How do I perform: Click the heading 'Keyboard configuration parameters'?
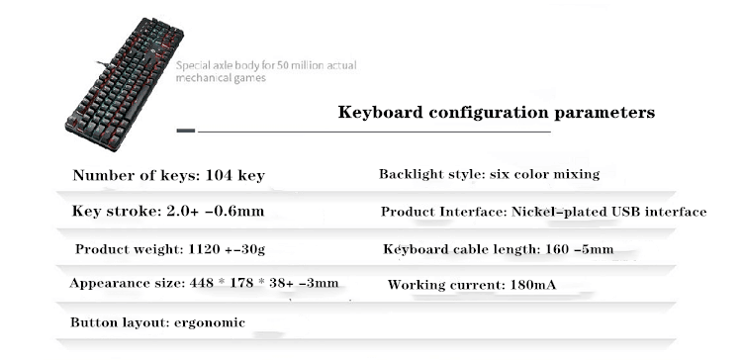click(x=496, y=113)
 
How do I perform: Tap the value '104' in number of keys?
click(x=219, y=176)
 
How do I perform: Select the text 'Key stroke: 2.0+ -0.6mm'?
click(x=168, y=212)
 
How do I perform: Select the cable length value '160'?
click(x=556, y=249)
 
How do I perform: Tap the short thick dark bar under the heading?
click(x=185, y=131)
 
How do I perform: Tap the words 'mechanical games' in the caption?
click(x=223, y=79)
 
